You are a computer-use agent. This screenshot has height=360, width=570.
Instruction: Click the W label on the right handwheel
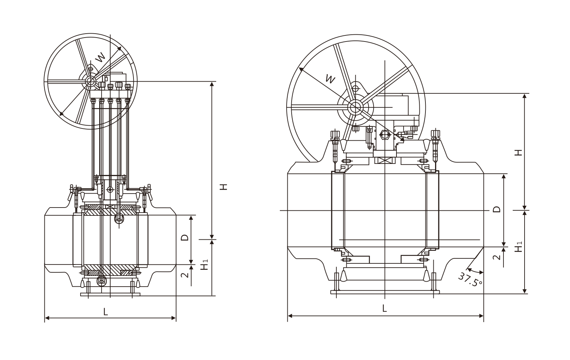[x=331, y=79]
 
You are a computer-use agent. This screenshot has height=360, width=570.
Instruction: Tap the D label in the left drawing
[x=184, y=237]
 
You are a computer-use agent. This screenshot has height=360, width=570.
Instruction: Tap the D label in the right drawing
[x=496, y=209]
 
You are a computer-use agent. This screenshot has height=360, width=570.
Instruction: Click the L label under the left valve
[x=105, y=312]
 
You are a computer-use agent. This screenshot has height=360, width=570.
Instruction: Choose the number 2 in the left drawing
[x=184, y=275]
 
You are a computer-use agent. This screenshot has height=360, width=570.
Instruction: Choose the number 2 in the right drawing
[x=496, y=257]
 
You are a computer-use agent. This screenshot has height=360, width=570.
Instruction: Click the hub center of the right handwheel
[x=355, y=106]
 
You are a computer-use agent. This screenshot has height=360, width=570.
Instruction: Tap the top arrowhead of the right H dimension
[x=525, y=96]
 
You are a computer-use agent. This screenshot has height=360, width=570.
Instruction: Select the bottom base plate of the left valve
[x=110, y=295]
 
